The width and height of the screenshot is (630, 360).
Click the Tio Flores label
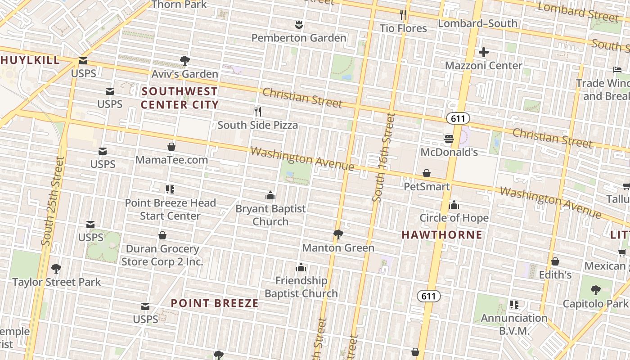coord(403,28)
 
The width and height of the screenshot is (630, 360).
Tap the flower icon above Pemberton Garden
coord(298,24)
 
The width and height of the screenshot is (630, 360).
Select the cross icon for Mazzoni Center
coord(484,52)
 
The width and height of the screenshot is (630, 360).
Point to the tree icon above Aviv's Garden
coord(184,60)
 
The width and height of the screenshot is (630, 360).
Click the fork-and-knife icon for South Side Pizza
coord(258,111)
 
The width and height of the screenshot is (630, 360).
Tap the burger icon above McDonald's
coord(449,139)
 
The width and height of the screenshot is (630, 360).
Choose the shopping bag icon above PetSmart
coord(427,173)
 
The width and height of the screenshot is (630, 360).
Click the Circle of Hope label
coord(454,218)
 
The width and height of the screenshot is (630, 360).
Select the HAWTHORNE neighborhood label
coord(442,235)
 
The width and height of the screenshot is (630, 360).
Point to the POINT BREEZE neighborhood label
coord(215,303)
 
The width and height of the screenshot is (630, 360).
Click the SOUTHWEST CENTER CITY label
coord(180,98)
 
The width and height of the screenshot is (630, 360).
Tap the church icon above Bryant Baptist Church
coord(270,195)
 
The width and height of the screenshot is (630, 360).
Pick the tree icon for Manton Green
coord(338,234)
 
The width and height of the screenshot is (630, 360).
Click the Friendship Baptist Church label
coord(301,287)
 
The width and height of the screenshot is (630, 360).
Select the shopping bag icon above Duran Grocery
coord(162,235)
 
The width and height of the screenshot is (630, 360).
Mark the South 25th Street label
coord(53,201)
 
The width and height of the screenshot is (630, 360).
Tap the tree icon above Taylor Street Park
coord(56,269)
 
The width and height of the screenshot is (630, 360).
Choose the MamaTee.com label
coord(171,160)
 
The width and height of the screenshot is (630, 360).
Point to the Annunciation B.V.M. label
coord(514,324)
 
